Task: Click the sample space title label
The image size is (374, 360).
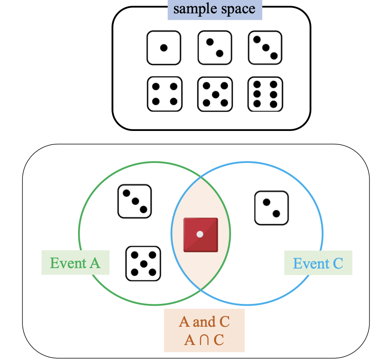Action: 214,9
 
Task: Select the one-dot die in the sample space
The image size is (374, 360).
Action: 164,48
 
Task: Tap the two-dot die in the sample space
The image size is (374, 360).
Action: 214,48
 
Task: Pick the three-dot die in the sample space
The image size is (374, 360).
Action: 265,48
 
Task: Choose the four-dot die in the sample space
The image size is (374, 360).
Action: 165,94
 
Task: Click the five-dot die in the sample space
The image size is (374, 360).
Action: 215,94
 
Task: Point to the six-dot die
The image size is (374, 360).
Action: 265,94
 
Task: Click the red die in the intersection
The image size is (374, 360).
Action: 201,235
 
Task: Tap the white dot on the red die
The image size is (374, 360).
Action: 200,234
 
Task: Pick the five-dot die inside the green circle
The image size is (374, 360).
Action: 143,264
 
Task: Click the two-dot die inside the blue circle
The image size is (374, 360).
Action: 271,208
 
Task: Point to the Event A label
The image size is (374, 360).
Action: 75,263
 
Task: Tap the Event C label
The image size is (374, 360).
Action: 318,263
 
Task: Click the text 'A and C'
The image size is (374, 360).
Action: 204,322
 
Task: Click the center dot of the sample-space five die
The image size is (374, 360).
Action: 215,94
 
